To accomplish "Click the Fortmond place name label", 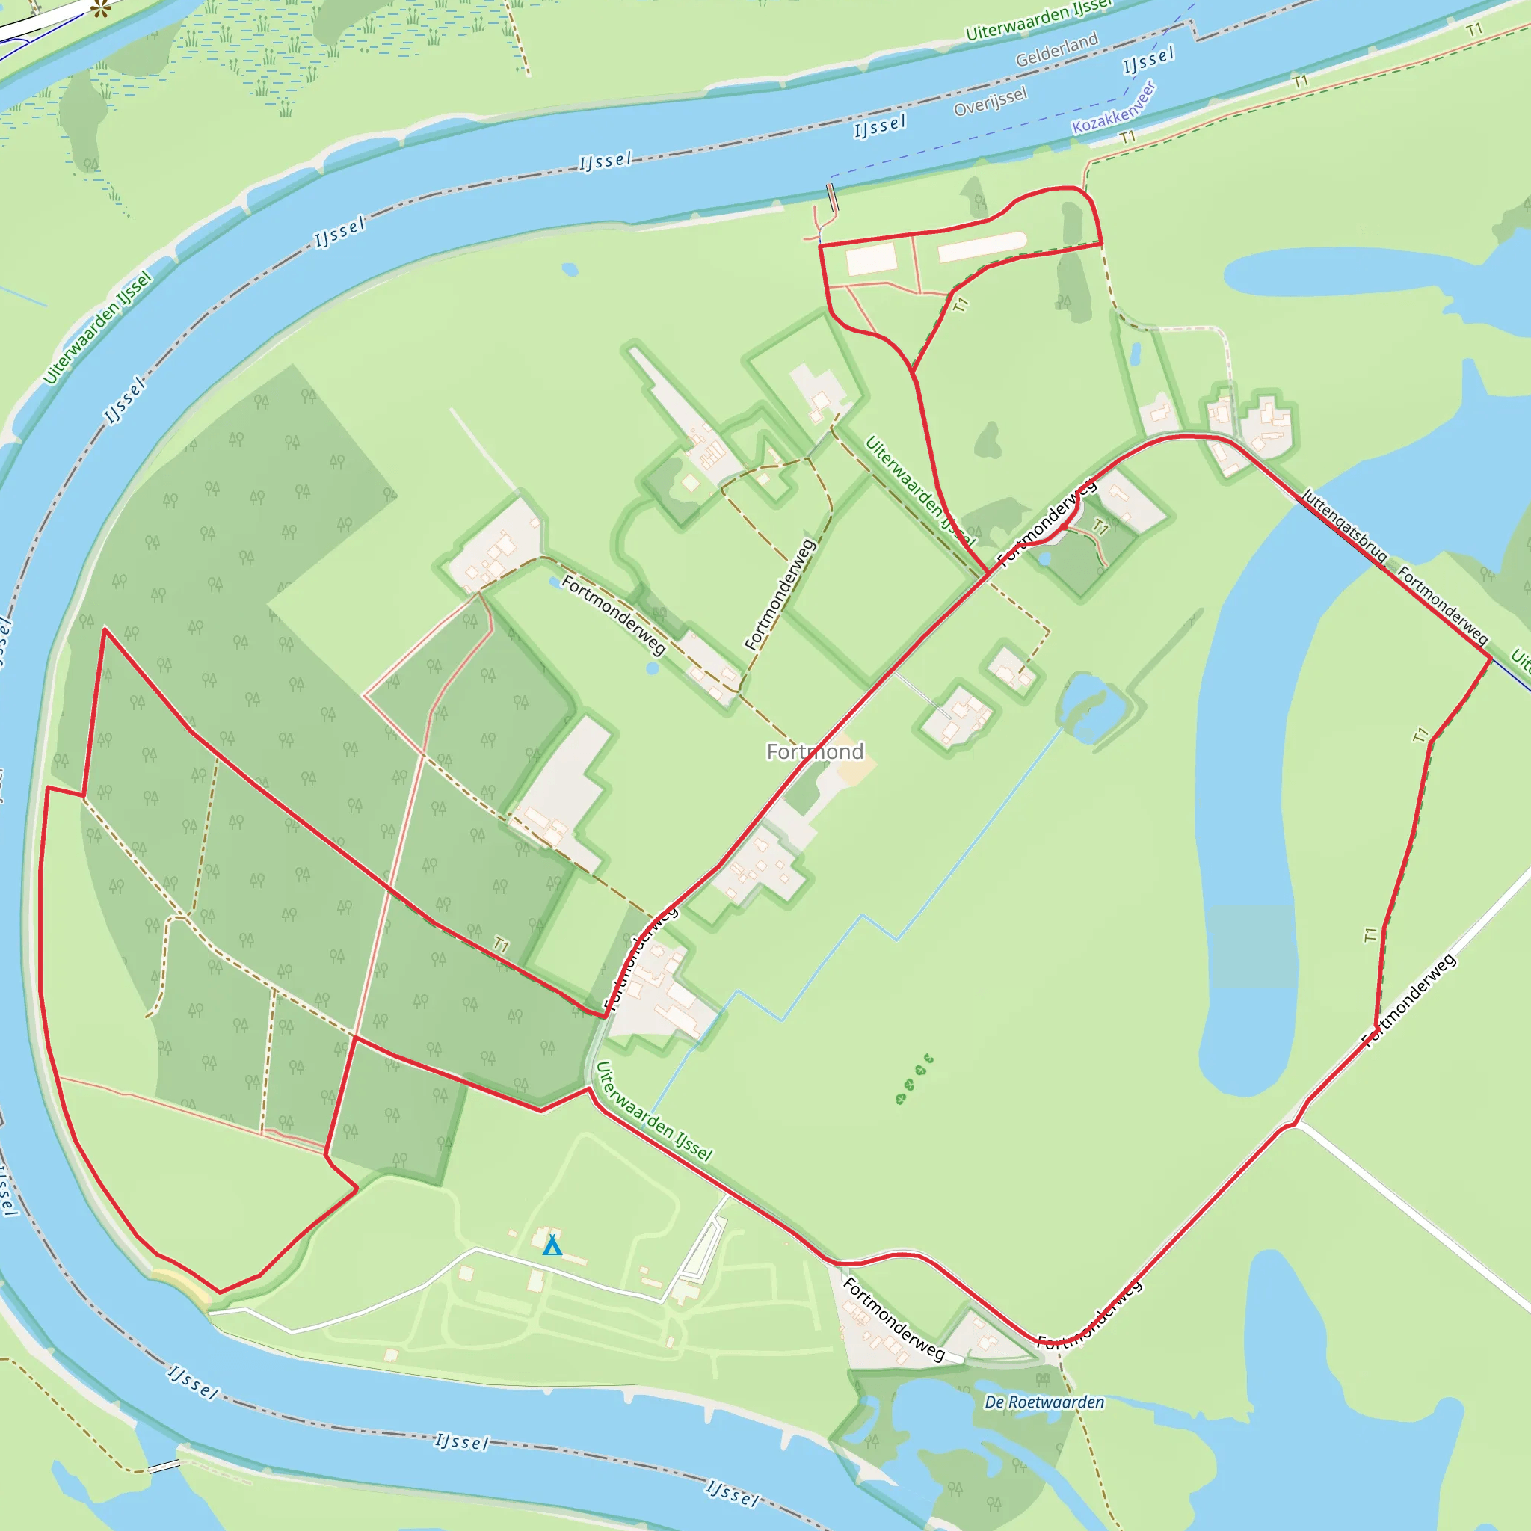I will pos(815,751).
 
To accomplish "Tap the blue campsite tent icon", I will pos(552,1245).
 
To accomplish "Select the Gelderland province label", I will pos(1056,49).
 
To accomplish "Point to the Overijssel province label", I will pos(990,101).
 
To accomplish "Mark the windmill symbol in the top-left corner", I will pos(99,10).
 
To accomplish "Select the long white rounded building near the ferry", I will pos(982,247).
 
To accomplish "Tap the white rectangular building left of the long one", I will pos(871,259).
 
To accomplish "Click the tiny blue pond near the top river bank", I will pos(570,270).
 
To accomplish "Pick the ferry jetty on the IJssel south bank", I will pos(831,197).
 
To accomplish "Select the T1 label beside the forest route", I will pos(501,945).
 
